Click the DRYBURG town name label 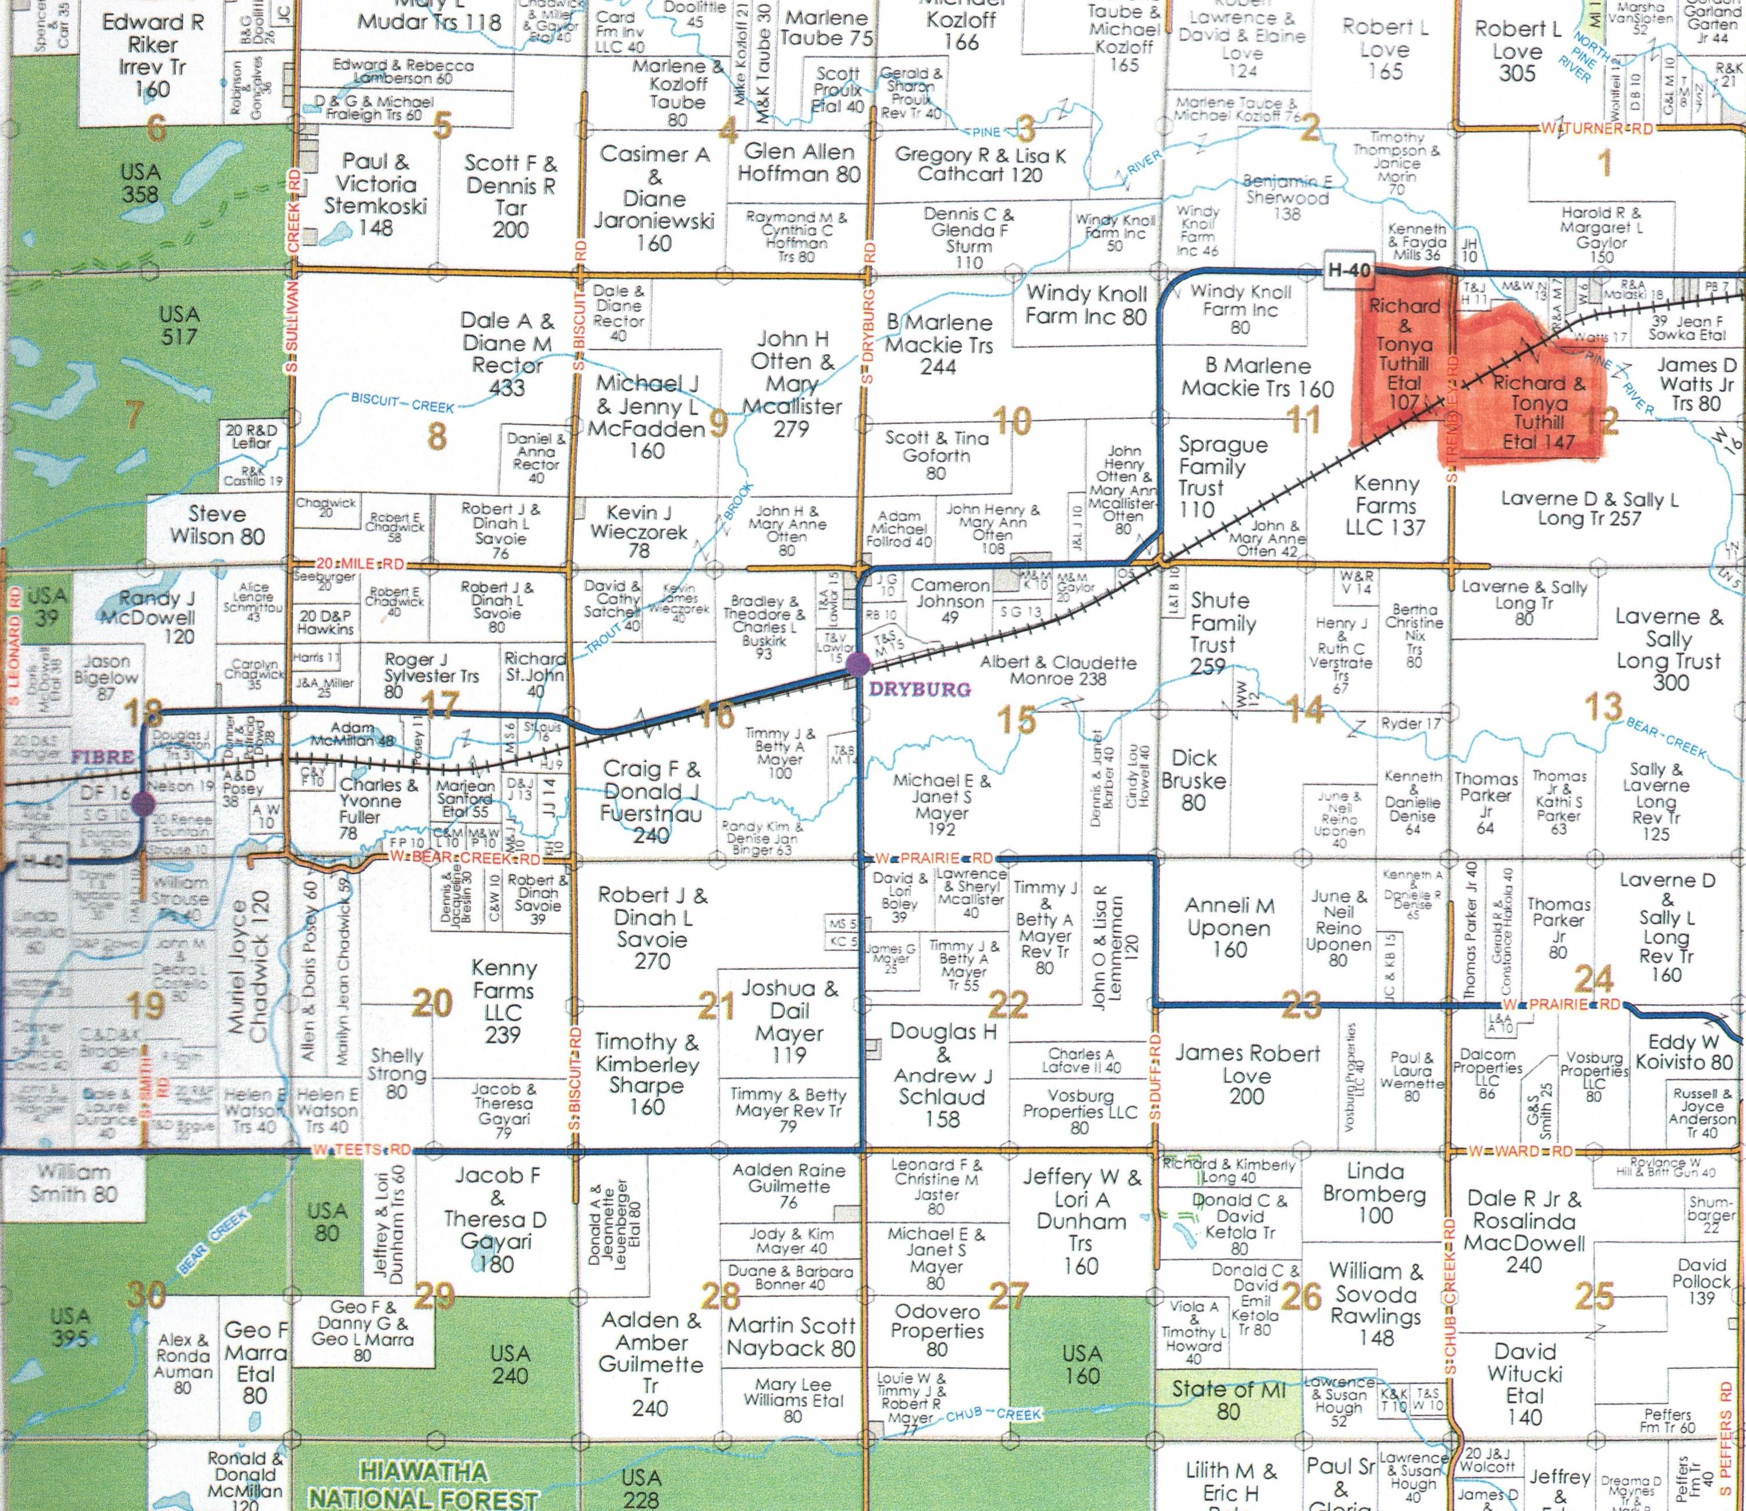pyautogui.click(x=920, y=689)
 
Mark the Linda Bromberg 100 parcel pyautogui.click(x=1375, y=1192)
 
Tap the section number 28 pyautogui.click(x=721, y=1295)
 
